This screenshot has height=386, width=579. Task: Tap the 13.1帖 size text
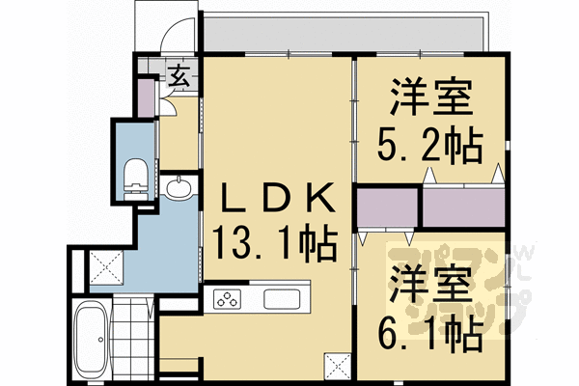point(276,242)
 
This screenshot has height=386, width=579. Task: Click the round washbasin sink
point(179,188)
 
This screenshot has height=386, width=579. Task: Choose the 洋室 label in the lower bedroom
point(430,288)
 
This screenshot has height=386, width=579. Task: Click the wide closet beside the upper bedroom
point(463,207)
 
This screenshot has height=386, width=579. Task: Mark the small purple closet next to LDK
point(387,208)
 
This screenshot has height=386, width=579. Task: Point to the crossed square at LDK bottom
point(337,366)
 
